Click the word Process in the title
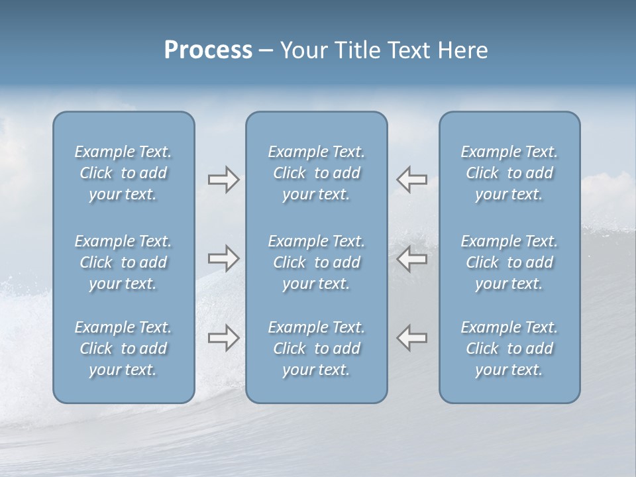tap(208, 50)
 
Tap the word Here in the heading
tap(462, 50)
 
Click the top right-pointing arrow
tap(223, 180)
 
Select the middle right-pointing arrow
tap(223, 258)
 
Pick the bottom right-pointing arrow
tap(223, 338)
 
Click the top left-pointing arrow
tap(412, 180)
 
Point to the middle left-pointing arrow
tap(412, 258)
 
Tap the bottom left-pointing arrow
tap(412, 338)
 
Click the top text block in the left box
tap(123, 173)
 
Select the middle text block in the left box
tap(123, 262)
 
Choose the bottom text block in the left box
tap(123, 348)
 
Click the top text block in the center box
tap(316, 173)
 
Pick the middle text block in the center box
tap(316, 262)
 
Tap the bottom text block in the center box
tap(316, 348)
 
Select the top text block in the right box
tap(509, 173)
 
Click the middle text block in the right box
tap(509, 262)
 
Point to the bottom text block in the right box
tap(509, 348)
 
